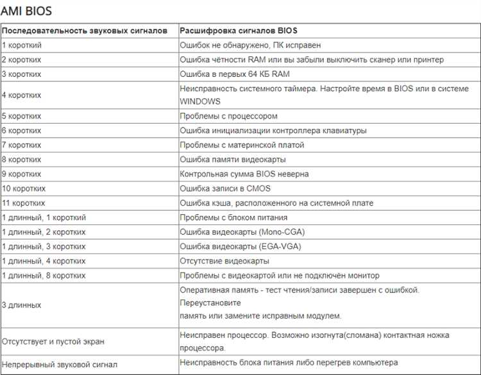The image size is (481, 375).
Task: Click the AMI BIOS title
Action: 26,11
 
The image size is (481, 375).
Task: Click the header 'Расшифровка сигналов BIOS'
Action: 239,31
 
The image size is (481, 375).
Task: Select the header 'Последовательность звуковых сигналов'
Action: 85,31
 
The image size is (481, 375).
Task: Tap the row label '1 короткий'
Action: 22,46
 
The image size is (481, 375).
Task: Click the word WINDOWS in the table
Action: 200,101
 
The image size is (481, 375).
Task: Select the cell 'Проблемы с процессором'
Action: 229,116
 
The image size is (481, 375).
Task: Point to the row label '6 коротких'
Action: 22,131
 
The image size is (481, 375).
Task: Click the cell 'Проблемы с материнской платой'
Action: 242,145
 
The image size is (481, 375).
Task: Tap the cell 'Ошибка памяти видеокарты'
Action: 233,160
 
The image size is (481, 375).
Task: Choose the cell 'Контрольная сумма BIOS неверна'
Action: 244,174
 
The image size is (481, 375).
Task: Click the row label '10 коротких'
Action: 24,188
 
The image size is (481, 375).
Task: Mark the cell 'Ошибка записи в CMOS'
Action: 225,188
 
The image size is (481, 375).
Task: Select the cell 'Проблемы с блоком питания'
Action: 233,217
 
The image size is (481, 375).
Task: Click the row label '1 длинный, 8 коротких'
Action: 44,276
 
